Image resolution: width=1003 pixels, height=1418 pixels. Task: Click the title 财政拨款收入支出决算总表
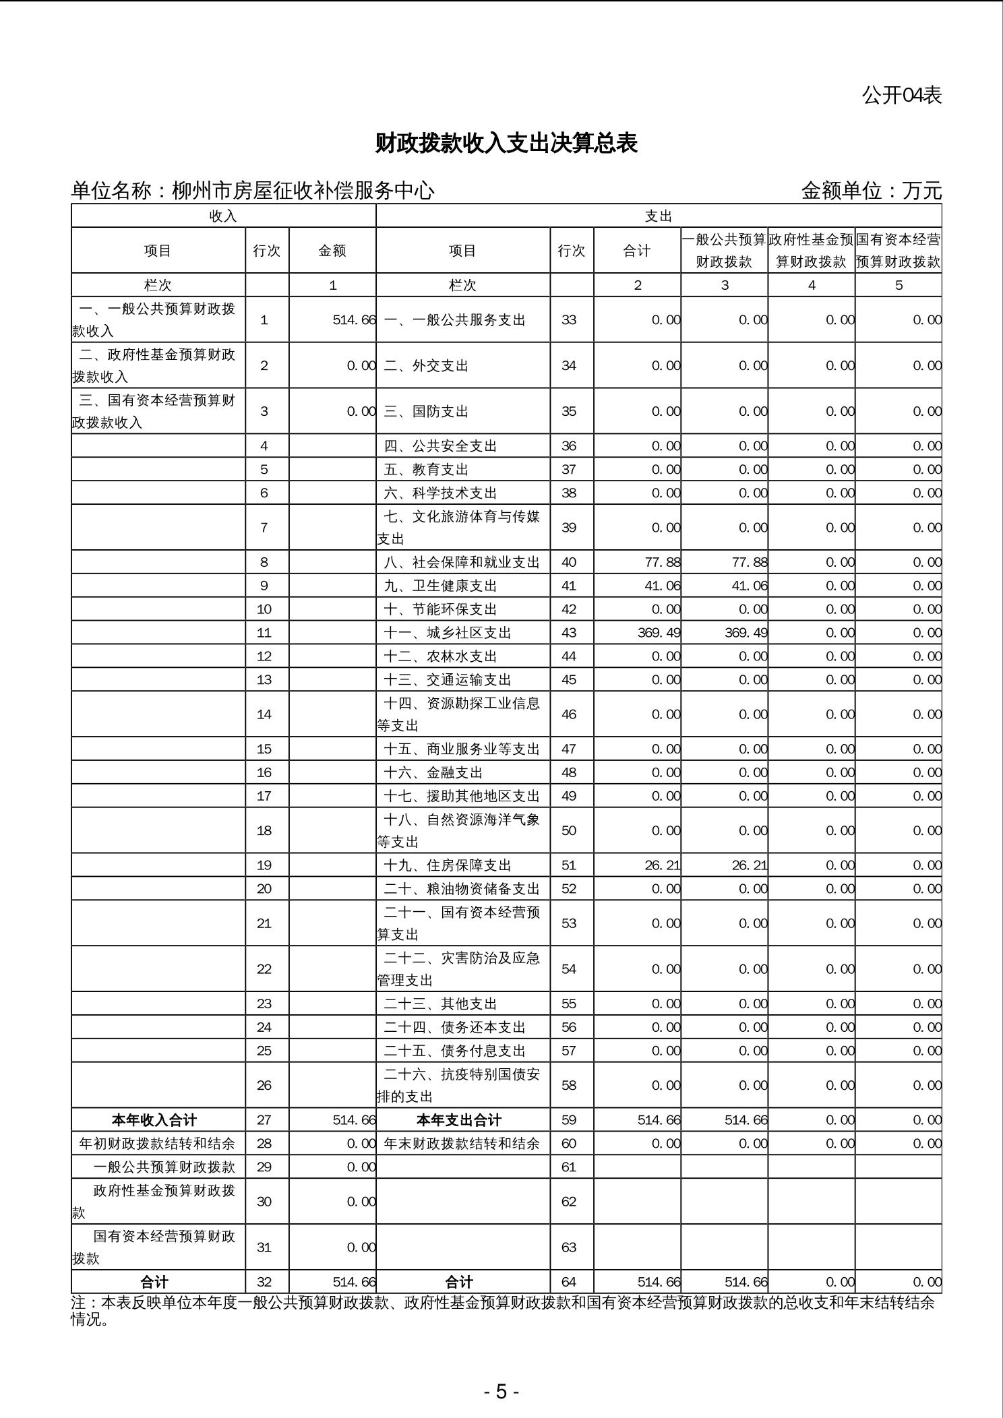(506, 144)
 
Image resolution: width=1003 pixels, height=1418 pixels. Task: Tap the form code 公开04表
(901, 96)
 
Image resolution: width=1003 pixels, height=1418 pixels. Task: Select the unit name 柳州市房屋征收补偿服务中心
(303, 191)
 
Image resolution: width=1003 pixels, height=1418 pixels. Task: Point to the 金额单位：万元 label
(871, 191)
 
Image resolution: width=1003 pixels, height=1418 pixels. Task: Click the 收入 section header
(223, 216)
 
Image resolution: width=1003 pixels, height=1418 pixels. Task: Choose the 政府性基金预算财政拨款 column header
(811, 251)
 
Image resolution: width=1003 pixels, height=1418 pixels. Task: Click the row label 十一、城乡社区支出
(448, 633)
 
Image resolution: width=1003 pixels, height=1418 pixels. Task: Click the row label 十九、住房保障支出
(448, 865)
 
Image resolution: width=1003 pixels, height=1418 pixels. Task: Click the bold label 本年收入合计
(154, 1120)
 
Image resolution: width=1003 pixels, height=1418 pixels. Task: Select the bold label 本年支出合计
(459, 1120)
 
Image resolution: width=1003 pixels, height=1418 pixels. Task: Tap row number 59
(569, 1120)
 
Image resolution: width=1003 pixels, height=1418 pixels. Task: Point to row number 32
(264, 1282)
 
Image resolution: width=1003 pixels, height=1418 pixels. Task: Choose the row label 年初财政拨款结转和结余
(157, 1144)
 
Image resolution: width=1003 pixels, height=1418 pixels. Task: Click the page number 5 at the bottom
(501, 1392)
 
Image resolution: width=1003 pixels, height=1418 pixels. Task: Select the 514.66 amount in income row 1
(354, 320)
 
